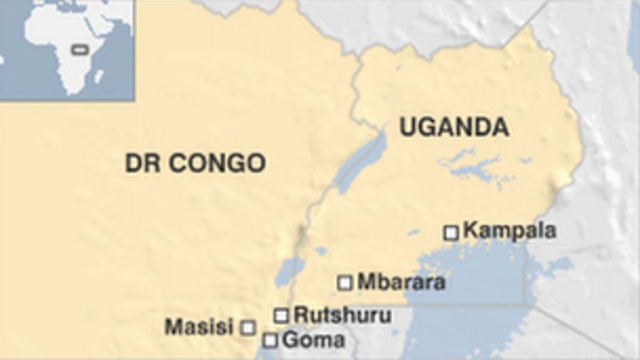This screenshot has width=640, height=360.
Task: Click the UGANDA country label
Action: click(x=454, y=127)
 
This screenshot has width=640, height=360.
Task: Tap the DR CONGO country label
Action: click(x=194, y=164)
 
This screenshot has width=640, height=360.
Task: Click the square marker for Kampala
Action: click(x=451, y=233)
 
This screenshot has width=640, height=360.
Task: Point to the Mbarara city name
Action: click(x=401, y=282)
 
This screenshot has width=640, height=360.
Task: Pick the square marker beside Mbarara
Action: click(x=345, y=282)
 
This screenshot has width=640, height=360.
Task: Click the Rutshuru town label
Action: click(x=342, y=314)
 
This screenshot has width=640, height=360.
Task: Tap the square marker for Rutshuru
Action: click(x=281, y=315)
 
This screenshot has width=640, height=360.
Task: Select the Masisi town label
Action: click(x=198, y=326)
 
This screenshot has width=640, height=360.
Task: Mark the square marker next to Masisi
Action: click(x=248, y=327)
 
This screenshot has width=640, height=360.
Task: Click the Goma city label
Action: click(x=314, y=340)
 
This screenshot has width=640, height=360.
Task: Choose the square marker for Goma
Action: click(x=270, y=341)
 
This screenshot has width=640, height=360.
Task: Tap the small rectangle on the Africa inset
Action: click(x=78, y=50)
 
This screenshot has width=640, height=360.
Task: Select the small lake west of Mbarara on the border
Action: click(x=289, y=272)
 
